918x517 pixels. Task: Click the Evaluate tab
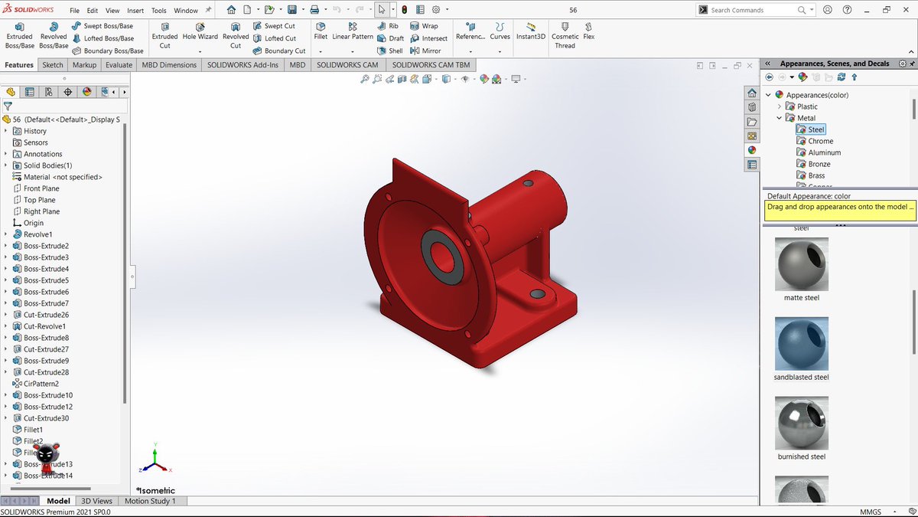[x=119, y=65]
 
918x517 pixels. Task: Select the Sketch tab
[x=53, y=65]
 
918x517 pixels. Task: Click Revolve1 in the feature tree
[x=37, y=234]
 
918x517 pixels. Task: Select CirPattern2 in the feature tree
[x=41, y=384]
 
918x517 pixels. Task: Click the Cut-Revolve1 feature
[x=44, y=326]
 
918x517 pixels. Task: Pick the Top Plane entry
[x=39, y=200]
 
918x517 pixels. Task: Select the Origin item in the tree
[x=33, y=223]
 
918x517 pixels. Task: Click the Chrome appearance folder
[x=820, y=141]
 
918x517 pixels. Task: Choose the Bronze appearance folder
[x=819, y=164]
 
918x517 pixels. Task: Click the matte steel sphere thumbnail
[x=801, y=263]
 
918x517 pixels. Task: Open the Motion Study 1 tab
[x=150, y=501]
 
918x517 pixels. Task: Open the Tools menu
[x=158, y=11]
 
